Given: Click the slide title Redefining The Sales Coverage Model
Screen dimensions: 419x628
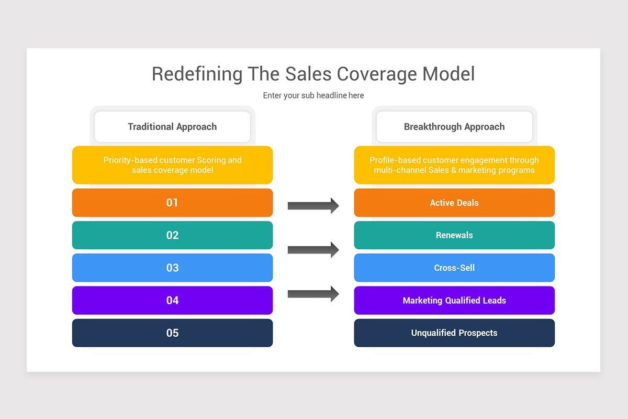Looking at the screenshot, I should pos(313,74).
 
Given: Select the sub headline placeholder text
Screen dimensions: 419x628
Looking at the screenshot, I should pos(313,95).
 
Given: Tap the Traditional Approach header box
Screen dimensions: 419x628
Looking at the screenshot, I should pos(172,127).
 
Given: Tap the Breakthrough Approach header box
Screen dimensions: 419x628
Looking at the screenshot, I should pos(454,127).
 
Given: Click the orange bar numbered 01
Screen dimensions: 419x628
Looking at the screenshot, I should pos(172,203).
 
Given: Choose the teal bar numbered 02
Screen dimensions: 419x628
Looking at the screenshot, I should pos(172,235).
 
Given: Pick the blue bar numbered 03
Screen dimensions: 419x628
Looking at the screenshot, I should pos(172,268).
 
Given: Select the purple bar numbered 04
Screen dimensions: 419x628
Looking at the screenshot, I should pos(172,300).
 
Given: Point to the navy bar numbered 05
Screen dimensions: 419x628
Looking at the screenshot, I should pos(172,333).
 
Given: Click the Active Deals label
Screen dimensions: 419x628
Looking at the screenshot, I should pos(454,203).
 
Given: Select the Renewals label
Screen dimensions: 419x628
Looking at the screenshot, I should pos(454,235).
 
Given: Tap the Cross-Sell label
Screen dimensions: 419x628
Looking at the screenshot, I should pos(454,268).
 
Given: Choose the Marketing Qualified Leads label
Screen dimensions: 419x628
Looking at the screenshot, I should pos(454,301).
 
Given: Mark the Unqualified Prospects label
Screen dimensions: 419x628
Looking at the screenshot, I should pos(454,333).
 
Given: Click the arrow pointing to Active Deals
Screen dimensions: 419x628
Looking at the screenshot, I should pos(313,205).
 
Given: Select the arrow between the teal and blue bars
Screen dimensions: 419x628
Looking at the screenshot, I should pos(313,250).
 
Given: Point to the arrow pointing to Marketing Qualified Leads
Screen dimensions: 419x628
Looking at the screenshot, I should pos(313,294).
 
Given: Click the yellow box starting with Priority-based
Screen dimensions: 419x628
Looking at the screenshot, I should pos(172,165).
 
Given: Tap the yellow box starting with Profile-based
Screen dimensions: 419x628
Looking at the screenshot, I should pos(454,165).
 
